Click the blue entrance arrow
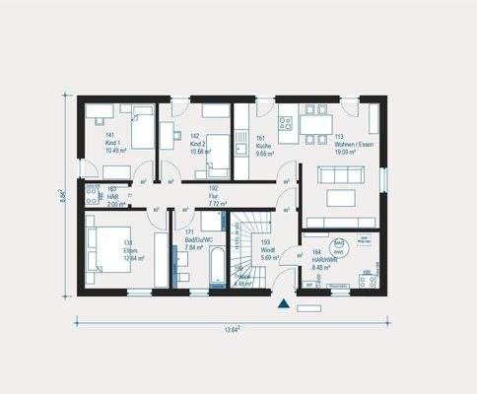[x=285, y=303]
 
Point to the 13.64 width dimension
[x=234, y=328]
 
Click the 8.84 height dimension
[x=62, y=195]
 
